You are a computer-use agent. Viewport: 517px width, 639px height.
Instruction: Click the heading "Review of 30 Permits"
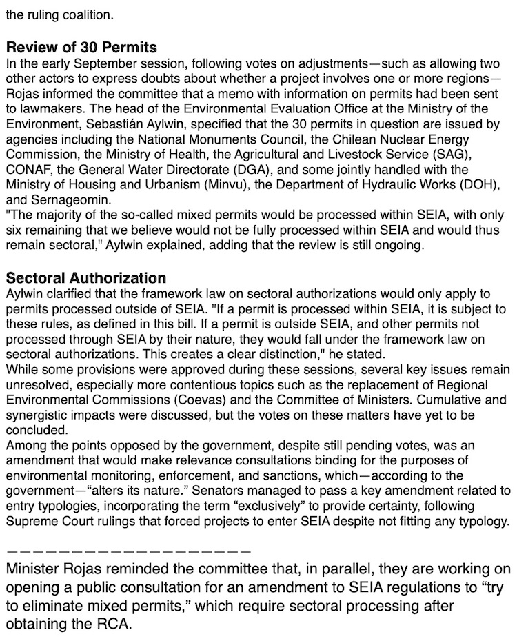[81, 48]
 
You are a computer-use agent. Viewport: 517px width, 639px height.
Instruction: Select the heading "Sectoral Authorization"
[86, 278]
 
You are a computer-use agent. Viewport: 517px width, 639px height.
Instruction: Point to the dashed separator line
[128, 551]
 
